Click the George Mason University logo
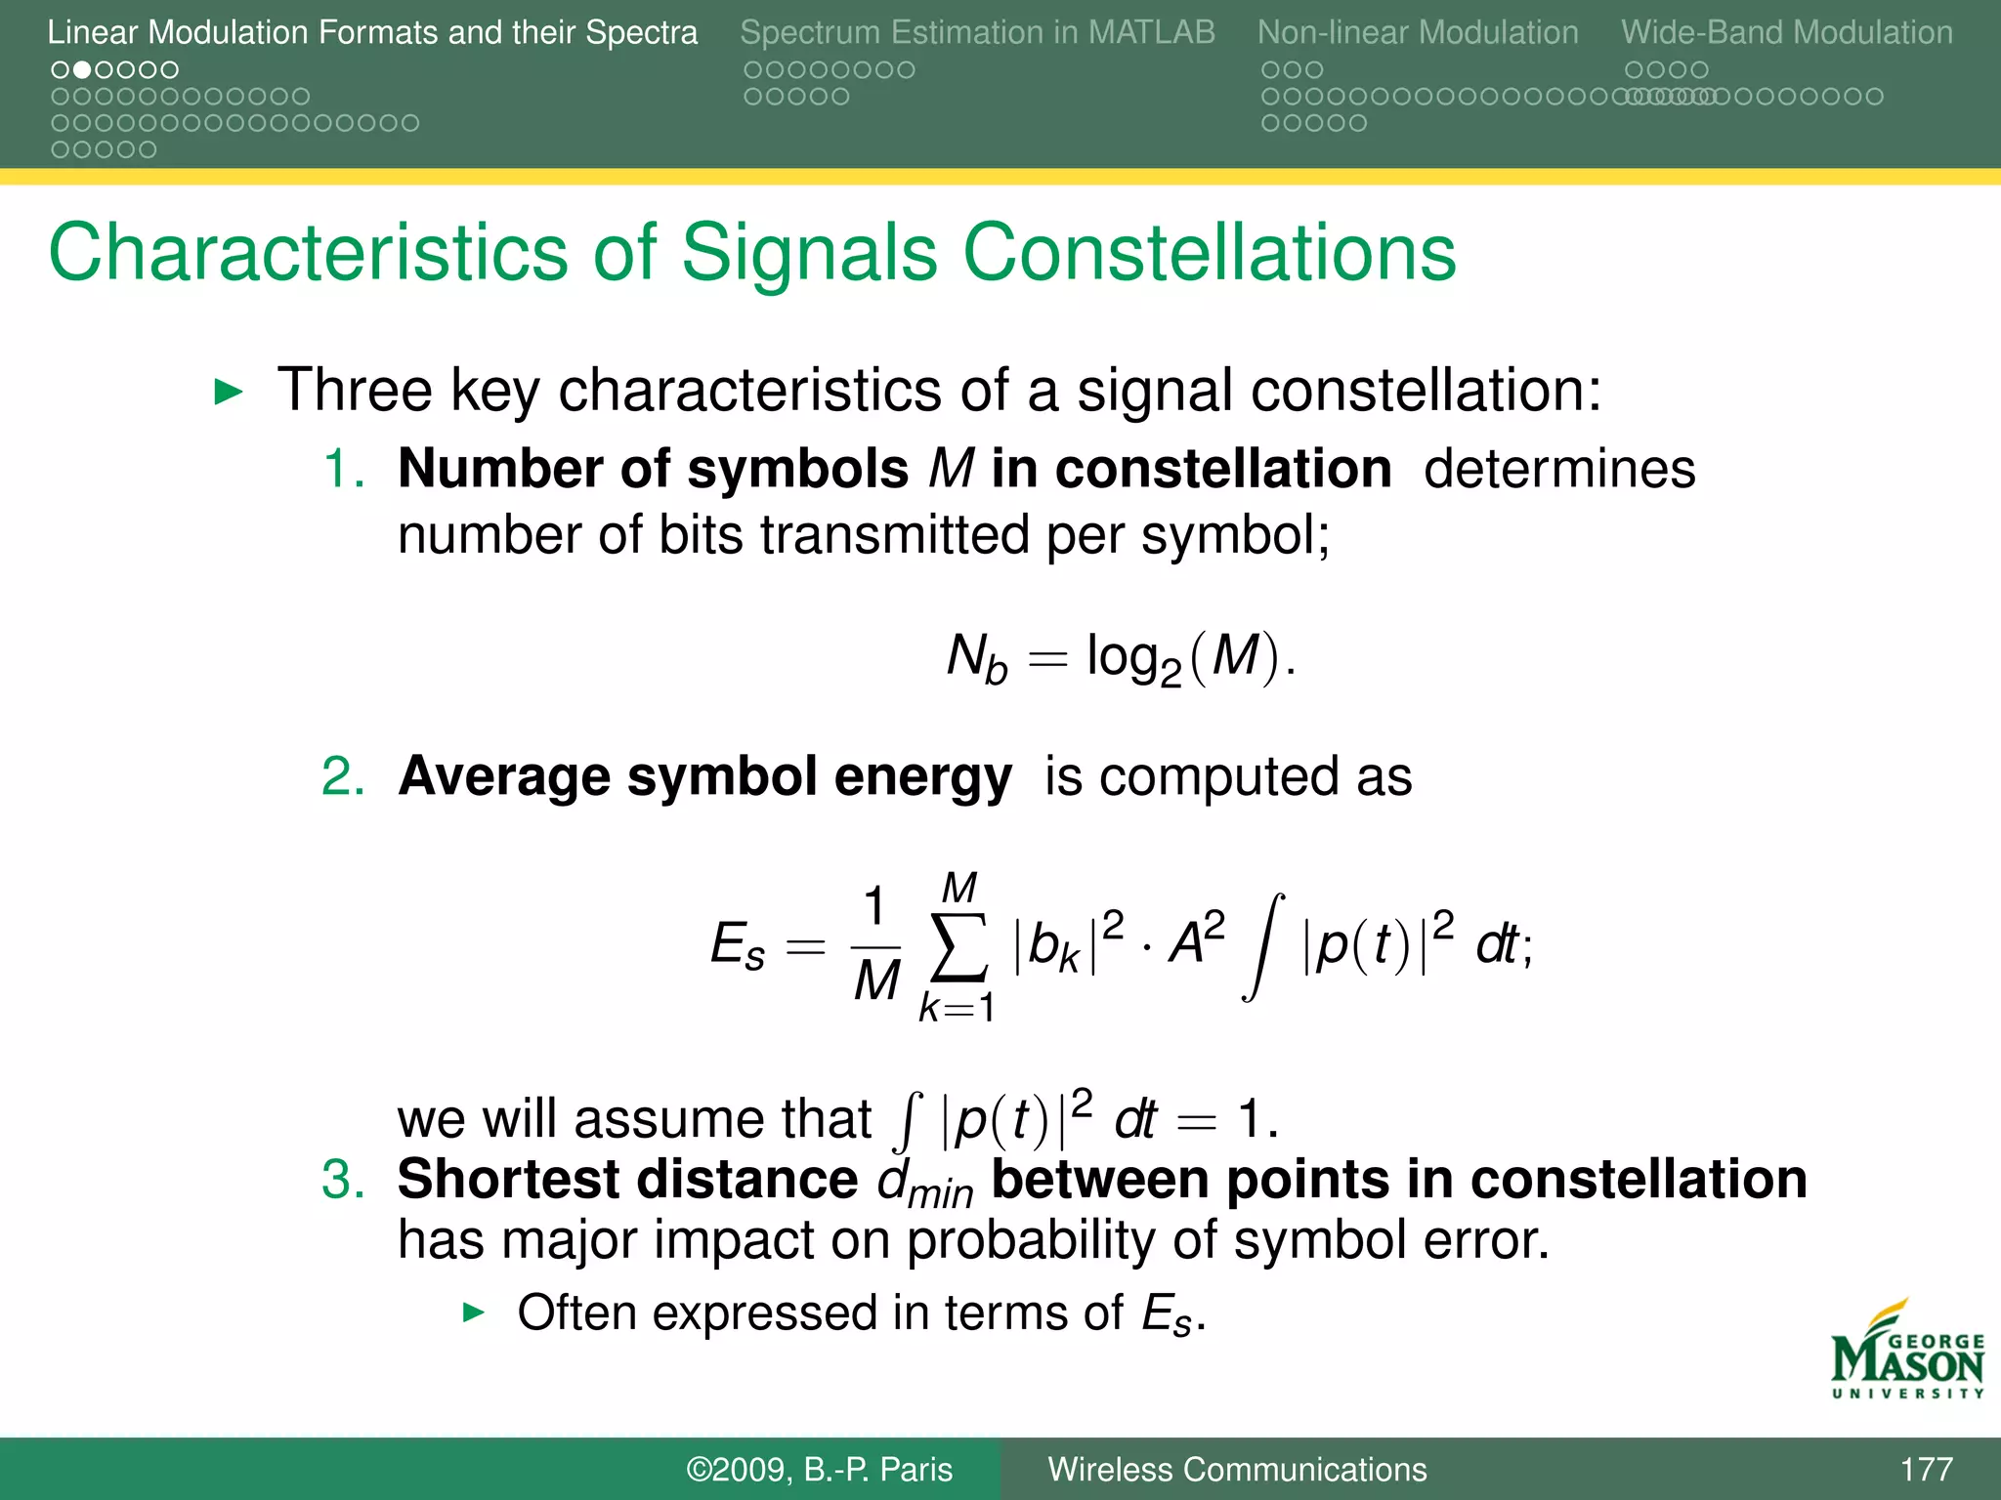pos(1907,1351)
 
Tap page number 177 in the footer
pos(1926,1469)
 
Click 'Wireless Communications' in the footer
pos(1237,1469)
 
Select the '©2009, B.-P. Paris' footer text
pos(819,1469)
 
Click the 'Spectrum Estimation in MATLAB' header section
pos(977,32)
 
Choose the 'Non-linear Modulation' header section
pos(1418,32)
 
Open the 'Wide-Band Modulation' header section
pos(1787,32)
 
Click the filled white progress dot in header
pos(82,70)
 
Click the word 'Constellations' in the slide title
pos(1210,253)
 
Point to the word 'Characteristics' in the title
pos(308,253)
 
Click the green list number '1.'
pos(344,469)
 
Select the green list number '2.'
pos(344,777)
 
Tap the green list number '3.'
pos(344,1180)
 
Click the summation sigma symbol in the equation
pos(958,946)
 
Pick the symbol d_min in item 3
pos(924,1184)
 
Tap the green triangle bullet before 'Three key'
pos(228,393)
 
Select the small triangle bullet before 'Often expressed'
pos(473,1312)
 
